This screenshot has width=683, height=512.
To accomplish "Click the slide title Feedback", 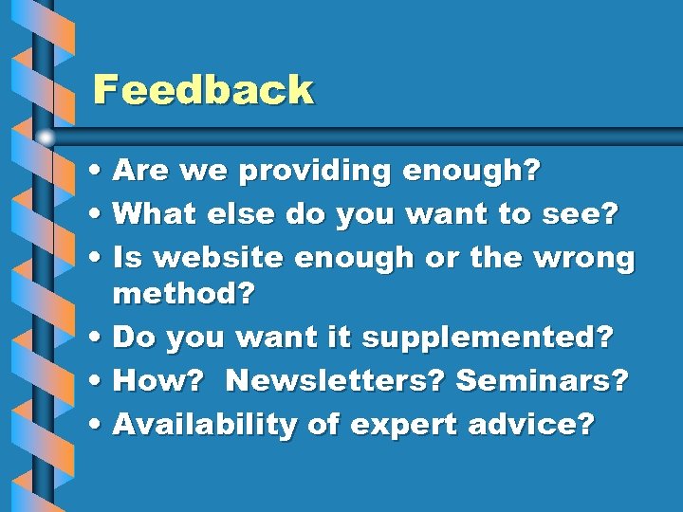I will pos(202,90).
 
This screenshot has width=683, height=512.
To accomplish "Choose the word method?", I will pos(184,295).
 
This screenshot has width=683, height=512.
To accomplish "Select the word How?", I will pos(156,381).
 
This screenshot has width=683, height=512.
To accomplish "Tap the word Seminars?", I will pos(542,381).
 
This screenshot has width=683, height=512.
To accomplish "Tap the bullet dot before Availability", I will pos(99,426).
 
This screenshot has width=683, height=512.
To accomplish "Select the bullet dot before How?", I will pos(99,382).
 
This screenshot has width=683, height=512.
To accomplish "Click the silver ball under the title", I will pos(46,137).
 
